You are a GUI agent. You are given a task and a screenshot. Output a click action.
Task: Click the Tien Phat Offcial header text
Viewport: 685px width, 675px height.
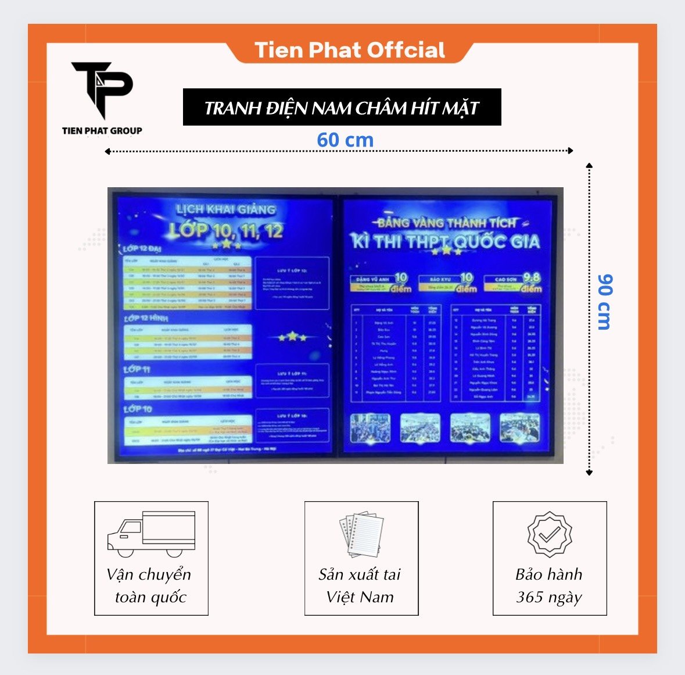tap(350, 51)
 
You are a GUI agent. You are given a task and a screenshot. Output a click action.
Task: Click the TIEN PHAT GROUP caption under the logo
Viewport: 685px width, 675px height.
tap(102, 131)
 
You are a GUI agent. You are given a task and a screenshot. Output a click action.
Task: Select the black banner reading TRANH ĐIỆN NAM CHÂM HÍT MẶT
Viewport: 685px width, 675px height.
tap(342, 108)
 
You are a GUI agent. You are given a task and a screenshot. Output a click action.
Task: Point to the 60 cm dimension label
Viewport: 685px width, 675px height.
tap(345, 140)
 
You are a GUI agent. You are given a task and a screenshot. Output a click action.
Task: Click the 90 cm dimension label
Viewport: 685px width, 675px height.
tap(604, 302)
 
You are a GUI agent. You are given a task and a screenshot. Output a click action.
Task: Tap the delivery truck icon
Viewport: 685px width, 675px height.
tap(151, 534)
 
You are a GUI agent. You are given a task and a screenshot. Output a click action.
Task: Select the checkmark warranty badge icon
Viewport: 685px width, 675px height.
tap(549, 534)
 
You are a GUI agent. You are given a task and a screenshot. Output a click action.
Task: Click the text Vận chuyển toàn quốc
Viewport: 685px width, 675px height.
tap(150, 585)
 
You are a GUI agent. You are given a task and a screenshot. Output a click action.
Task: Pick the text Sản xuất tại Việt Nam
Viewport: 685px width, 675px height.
tap(360, 585)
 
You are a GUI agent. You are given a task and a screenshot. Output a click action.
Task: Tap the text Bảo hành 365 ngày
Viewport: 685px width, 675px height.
tap(549, 585)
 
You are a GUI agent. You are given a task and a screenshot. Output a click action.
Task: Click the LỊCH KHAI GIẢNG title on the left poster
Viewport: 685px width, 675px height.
tap(226, 209)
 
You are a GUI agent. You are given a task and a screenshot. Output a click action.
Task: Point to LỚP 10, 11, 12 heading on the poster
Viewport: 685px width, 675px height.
tap(226, 231)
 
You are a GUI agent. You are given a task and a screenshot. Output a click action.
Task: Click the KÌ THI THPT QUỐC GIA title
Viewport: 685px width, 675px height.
tap(445, 241)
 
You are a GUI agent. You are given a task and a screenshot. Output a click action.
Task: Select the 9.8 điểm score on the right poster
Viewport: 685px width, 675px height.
tap(531, 282)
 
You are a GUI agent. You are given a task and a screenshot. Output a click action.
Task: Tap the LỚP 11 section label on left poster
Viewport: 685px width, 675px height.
tap(137, 370)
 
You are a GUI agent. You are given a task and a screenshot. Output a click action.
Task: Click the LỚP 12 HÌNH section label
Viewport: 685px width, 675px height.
tap(145, 319)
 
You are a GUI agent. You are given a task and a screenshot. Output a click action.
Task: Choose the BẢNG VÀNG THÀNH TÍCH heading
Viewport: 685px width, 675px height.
tap(446, 222)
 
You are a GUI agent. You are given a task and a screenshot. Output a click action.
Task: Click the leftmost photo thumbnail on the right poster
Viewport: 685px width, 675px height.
tap(370, 428)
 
